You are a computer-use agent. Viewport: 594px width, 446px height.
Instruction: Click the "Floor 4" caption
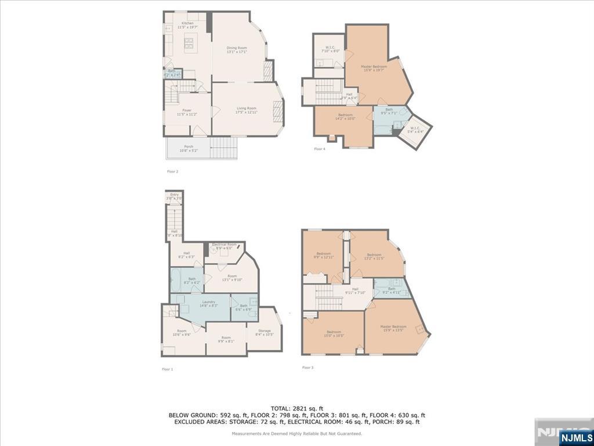pos(320,149)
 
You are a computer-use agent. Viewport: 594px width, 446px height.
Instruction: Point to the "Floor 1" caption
pos(167,369)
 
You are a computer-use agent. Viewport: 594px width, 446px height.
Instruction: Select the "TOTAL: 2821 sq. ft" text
pos(296,408)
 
